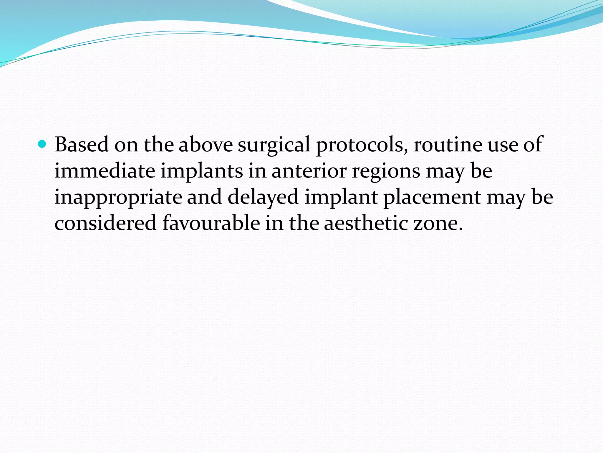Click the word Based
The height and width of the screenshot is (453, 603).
pos(82,145)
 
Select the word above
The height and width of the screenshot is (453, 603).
pos(206,145)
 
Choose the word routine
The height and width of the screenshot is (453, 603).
pos(448,145)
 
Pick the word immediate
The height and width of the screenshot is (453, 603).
pos(105,171)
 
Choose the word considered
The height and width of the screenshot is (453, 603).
pos(105,223)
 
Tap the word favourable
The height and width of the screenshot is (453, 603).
pos(211,223)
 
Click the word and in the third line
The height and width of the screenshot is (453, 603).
pos(204,197)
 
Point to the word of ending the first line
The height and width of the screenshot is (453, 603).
pos(533,145)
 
